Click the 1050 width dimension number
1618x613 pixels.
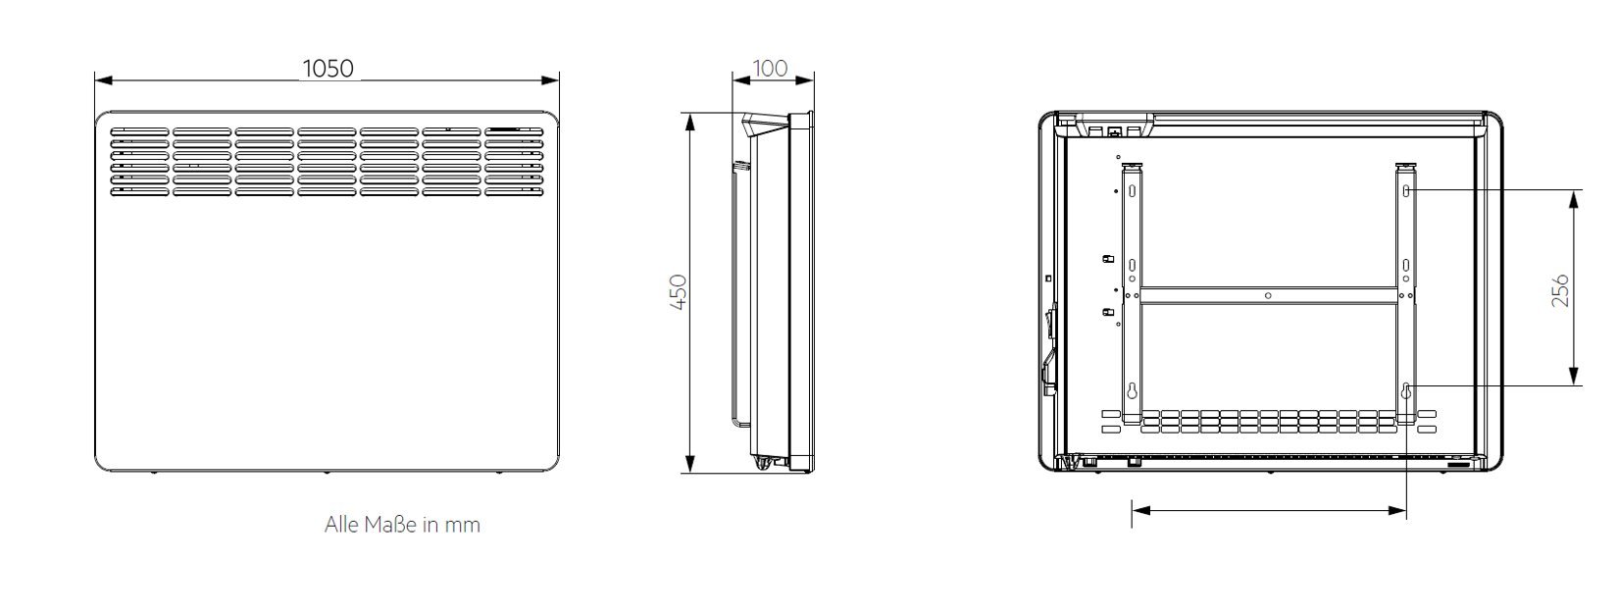(x=328, y=68)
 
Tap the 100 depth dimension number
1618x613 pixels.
(x=770, y=68)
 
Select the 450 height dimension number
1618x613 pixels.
(x=679, y=291)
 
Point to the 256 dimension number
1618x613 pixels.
(x=1560, y=290)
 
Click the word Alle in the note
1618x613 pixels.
(x=341, y=524)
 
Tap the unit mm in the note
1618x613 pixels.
(x=462, y=526)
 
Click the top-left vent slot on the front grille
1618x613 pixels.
(x=140, y=131)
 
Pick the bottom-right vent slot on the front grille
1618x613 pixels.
(x=514, y=191)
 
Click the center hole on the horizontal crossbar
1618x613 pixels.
(x=1268, y=295)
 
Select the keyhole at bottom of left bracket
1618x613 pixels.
(x=1132, y=391)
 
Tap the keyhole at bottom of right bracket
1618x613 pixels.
(x=1406, y=391)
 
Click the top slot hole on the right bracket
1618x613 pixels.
(x=1406, y=190)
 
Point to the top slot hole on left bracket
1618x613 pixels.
(x=1132, y=190)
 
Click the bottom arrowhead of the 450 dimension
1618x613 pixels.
(x=689, y=464)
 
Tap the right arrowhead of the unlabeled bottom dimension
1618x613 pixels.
(x=1397, y=511)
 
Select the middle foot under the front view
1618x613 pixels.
(x=327, y=474)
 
